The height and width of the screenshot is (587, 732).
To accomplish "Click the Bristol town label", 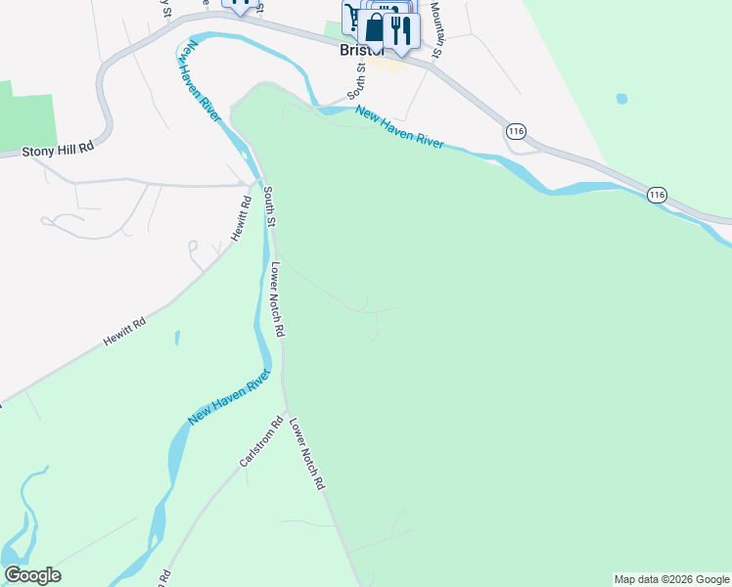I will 358,51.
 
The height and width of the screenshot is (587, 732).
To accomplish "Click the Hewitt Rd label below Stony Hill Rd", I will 125,333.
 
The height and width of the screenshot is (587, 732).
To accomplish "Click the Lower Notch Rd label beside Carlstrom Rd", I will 305,455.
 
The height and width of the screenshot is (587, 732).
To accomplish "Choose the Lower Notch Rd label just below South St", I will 277,299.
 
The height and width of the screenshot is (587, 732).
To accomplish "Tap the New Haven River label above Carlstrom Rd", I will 229,396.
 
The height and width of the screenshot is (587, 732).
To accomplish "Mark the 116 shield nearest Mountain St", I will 517,131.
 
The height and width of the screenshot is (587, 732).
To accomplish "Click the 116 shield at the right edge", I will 656,196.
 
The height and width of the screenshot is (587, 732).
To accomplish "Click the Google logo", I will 32,575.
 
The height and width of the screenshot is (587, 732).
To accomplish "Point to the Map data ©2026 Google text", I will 671,579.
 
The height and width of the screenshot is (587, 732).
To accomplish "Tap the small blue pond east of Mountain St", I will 620,99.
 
